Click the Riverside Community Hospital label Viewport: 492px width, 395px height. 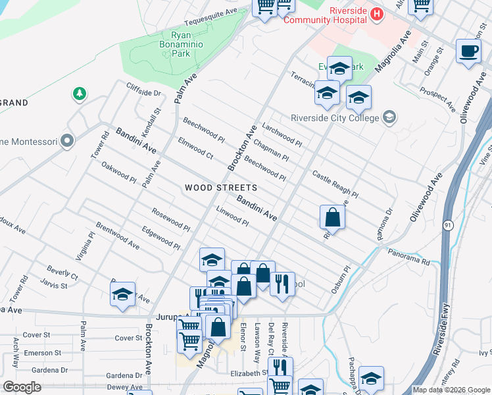coord(325,15)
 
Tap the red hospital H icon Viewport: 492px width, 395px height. coord(377,13)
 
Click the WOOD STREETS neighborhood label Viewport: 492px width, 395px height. coord(220,188)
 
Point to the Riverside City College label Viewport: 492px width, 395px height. coord(335,118)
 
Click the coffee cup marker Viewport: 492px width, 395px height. coord(469,51)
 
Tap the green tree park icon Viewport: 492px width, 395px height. coord(80,94)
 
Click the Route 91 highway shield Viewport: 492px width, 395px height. coord(448,224)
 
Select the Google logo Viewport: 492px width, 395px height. coord(22,386)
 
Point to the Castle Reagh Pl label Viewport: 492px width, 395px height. coord(335,185)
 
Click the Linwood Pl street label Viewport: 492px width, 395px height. coord(232,215)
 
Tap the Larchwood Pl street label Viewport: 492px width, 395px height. coord(282,134)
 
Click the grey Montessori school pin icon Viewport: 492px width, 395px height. coord(66,141)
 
